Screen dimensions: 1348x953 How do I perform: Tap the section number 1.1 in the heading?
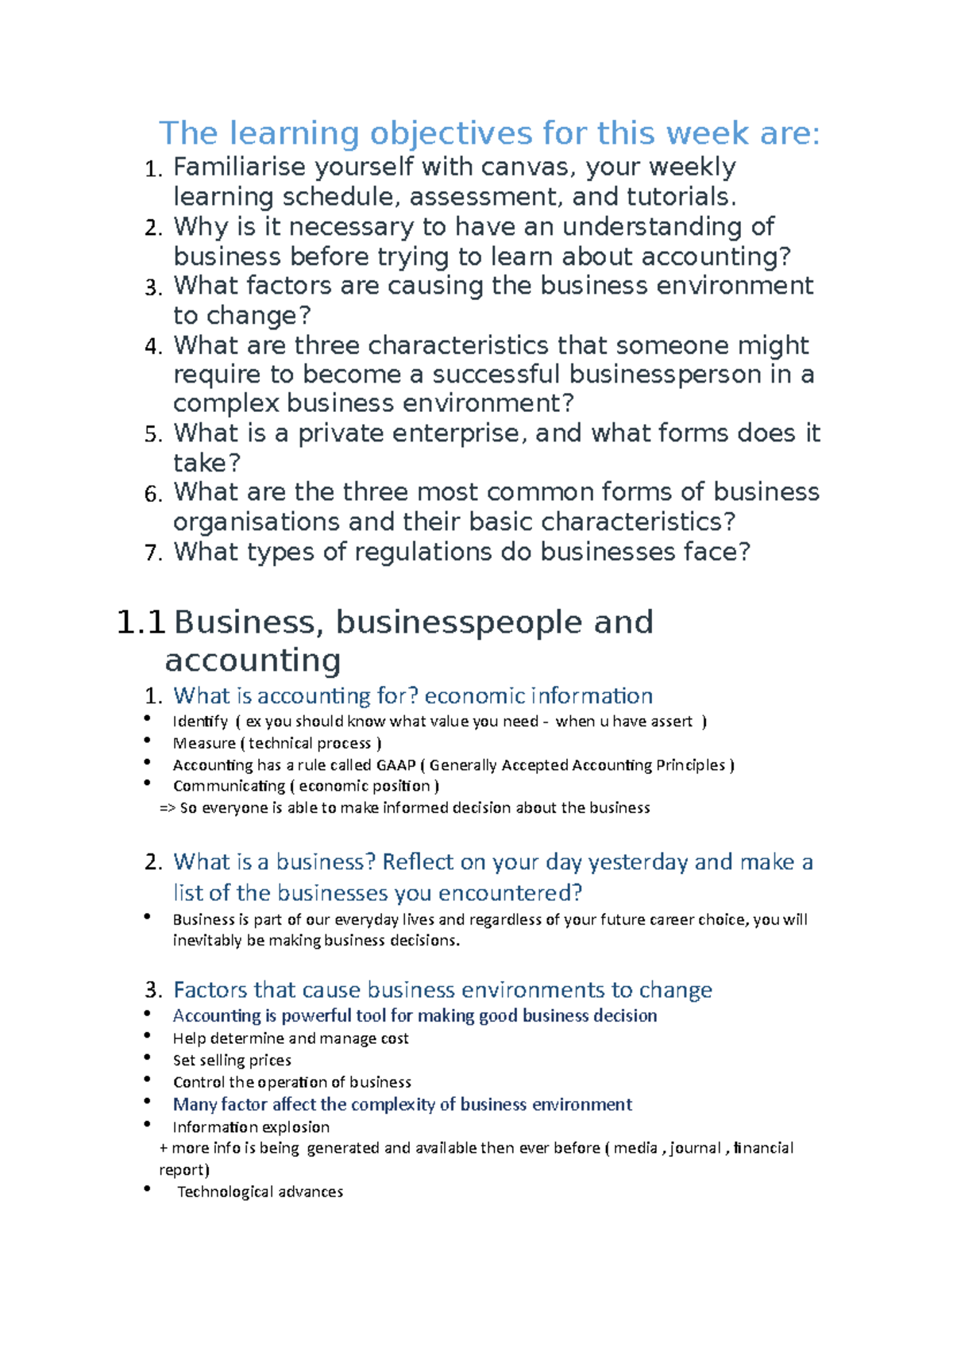pos(141,622)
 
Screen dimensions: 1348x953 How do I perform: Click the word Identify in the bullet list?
pos(200,722)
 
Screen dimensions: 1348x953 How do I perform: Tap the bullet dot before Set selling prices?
pos(148,1057)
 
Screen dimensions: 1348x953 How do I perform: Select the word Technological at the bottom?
pos(225,1192)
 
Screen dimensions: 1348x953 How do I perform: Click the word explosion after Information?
pos(295,1127)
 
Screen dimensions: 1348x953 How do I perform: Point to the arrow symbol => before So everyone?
pos(168,808)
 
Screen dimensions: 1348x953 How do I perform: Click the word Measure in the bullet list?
pos(204,744)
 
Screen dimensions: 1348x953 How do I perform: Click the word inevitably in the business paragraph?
pos(208,941)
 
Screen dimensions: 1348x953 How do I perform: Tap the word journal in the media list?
pos(696,1148)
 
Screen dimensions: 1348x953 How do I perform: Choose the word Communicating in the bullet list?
pos(229,786)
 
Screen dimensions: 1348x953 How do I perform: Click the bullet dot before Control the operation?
pos(148,1080)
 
